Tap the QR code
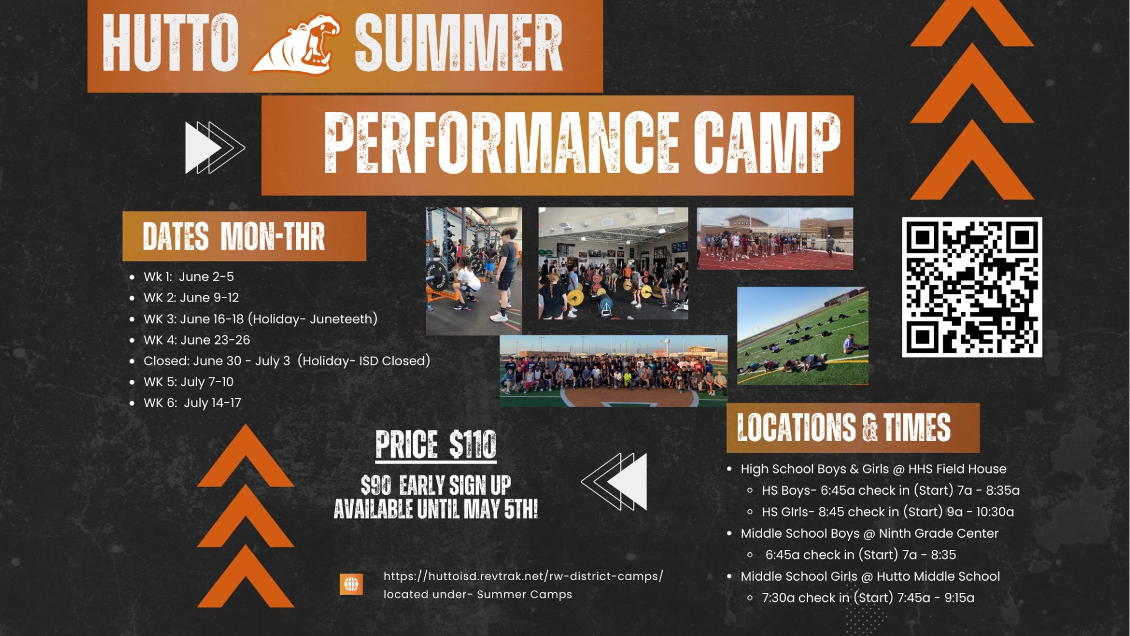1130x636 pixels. pos(972,287)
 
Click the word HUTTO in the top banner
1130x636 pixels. pos(170,43)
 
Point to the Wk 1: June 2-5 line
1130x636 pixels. pos(188,277)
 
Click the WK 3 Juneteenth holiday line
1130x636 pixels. pos(260,319)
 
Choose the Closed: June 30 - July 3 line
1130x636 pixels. pos(287,361)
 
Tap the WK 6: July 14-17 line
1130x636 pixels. pos(192,403)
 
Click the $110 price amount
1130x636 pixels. pos(473,444)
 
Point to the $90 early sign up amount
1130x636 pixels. pos(376,486)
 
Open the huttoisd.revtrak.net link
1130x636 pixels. pos(523,576)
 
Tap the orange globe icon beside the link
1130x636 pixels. pos(351,584)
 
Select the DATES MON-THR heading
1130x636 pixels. pos(234,236)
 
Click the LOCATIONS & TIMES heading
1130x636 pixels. pos(843,428)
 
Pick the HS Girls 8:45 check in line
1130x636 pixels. pos(888,512)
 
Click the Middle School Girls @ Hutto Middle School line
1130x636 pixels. pos(870,577)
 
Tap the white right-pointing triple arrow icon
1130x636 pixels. pos(214,147)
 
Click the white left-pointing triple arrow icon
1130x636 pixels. pos(614,481)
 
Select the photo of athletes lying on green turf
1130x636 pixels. pos(802,336)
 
